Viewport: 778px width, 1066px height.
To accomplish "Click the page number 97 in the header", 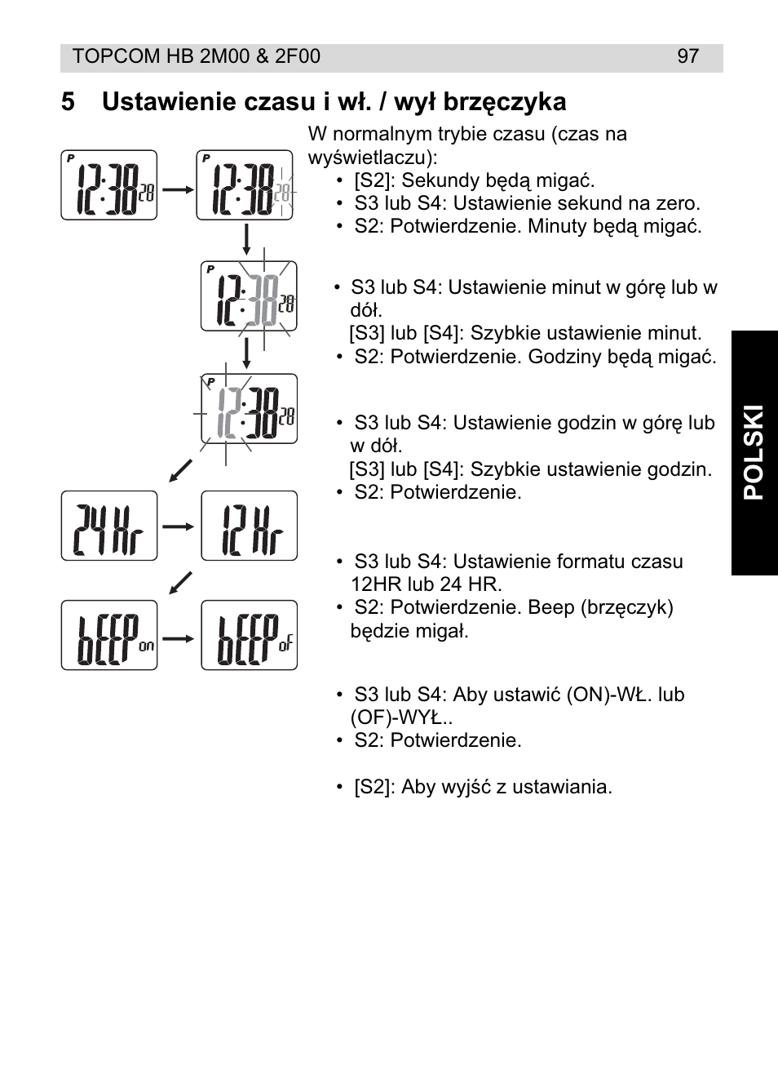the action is (687, 56).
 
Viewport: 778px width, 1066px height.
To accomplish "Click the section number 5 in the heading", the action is (68, 102).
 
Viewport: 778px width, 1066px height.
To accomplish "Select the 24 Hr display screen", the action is (108, 526).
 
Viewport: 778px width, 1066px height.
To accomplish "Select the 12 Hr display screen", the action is (249, 526).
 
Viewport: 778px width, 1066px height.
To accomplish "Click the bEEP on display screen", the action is (108, 636).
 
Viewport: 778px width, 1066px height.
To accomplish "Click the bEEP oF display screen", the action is (249, 636).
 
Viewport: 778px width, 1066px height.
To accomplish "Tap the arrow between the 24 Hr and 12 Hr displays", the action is (179, 526).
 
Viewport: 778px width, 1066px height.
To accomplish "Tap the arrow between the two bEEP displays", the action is (179, 637).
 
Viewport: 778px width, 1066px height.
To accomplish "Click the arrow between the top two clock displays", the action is (176, 188).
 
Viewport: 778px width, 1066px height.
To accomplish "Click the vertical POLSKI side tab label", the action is (754, 453).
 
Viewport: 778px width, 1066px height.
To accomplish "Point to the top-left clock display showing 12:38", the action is (108, 185).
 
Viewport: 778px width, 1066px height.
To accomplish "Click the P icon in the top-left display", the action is (71, 158).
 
